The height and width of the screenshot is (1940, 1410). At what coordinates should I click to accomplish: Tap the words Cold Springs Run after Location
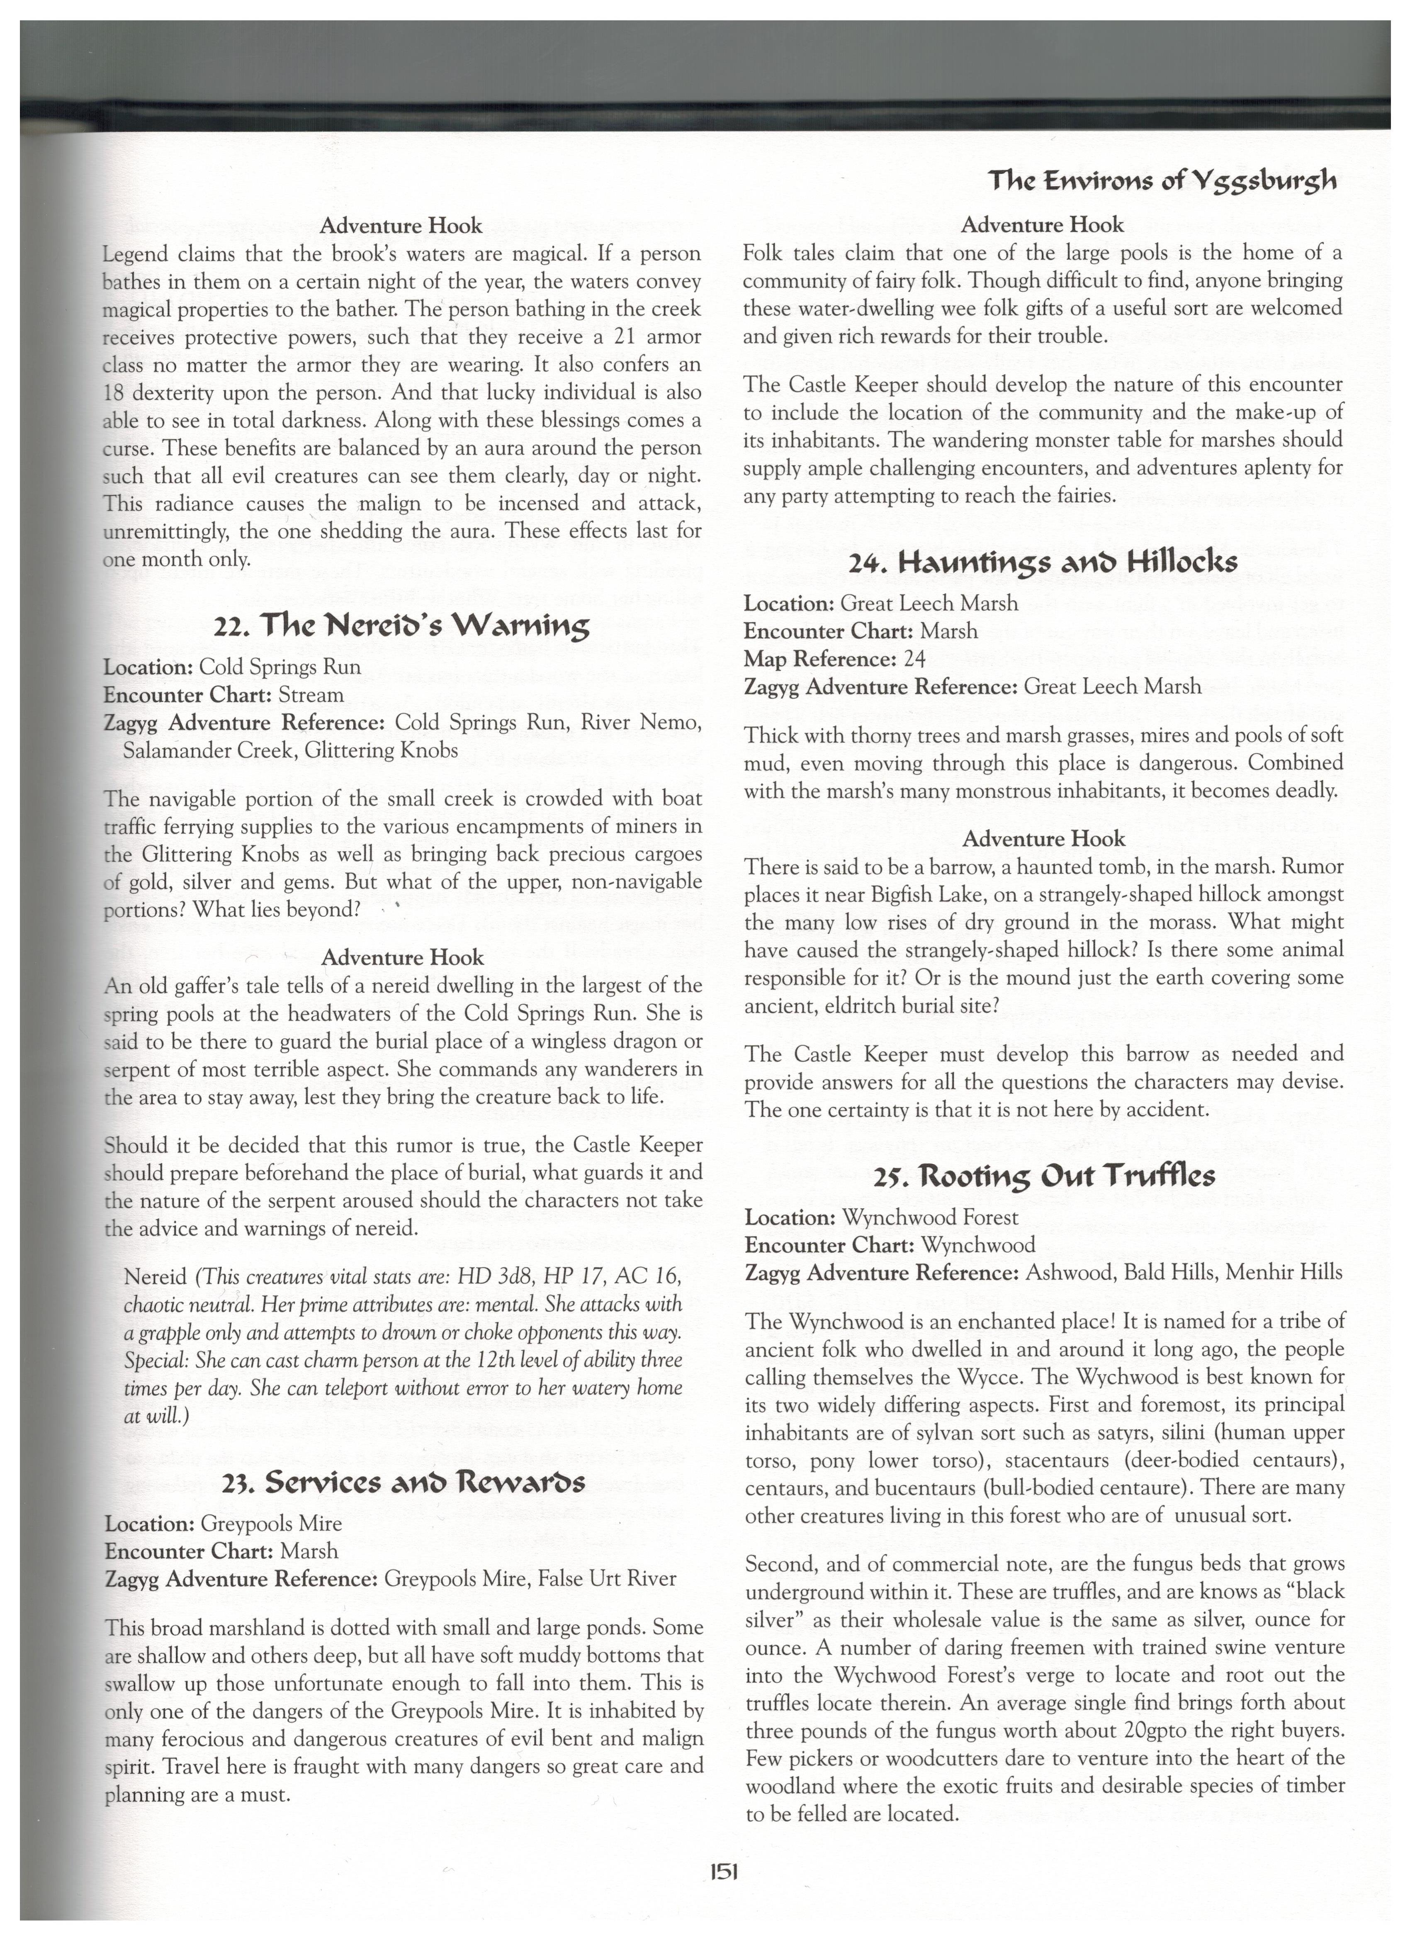pyautogui.click(x=280, y=667)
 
